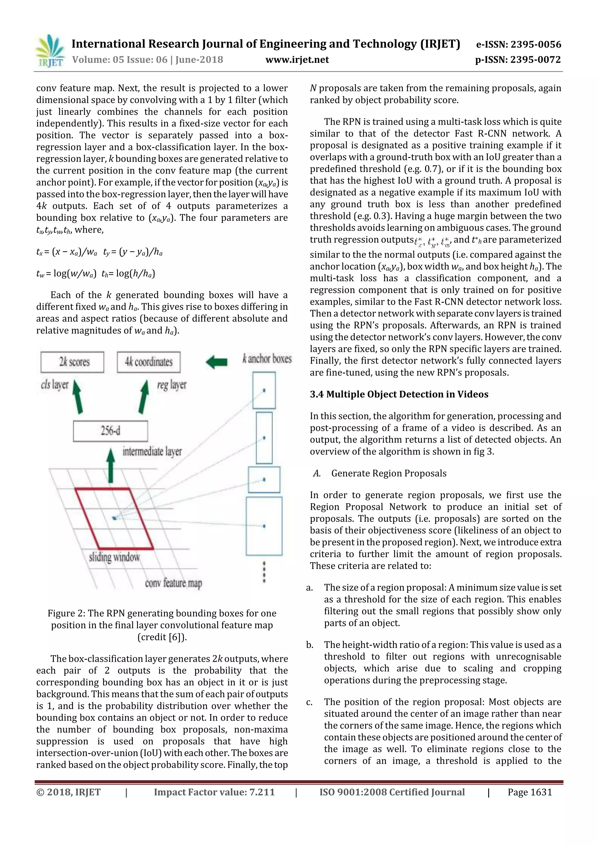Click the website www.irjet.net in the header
click(297, 60)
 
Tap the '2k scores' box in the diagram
click(73, 362)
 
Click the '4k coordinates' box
click(149, 362)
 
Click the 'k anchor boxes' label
click(267, 359)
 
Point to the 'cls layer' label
click(55, 385)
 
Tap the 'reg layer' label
click(172, 385)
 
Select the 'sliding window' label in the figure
click(114, 557)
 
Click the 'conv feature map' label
click(173, 583)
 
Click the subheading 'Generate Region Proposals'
click(388, 473)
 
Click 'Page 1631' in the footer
click(529, 792)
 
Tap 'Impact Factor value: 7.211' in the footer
click(214, 792)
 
